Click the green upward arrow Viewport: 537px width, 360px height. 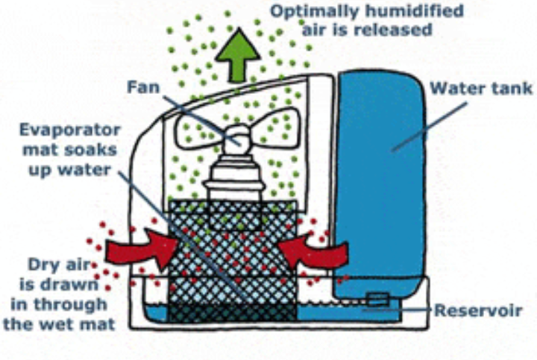tap(238, 54)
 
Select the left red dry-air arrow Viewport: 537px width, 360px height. tap(141, 249)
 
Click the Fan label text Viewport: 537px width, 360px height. tap(143, 87)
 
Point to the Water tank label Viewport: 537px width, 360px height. tap(481, 88)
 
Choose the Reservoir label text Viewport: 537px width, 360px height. tap(478, 311)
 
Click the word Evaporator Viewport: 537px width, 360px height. tap(70, 130)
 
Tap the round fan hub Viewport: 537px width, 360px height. tap(237, 139)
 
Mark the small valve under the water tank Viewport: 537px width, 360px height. tap(378, 299)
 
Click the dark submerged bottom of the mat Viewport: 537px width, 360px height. tap(232, 313)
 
